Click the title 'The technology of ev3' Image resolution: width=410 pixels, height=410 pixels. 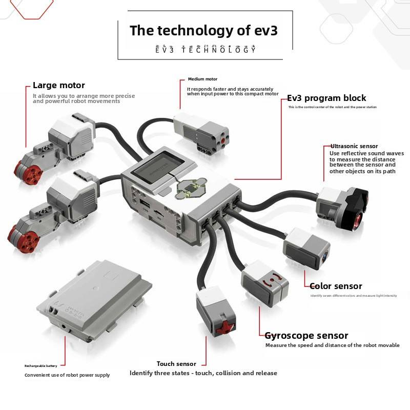203,30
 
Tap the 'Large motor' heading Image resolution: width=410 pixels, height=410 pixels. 59,86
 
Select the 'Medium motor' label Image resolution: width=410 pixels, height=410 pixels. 202,79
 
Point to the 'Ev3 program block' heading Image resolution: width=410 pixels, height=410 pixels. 326,98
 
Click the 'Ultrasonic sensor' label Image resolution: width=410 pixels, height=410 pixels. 354,146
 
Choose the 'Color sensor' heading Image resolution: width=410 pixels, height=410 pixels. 336,286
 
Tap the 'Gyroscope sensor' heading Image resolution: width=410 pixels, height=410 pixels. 306,336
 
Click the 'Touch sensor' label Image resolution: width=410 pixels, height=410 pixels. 176,364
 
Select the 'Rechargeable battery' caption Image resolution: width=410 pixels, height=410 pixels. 45,366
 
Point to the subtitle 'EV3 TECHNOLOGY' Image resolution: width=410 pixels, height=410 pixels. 205,50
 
